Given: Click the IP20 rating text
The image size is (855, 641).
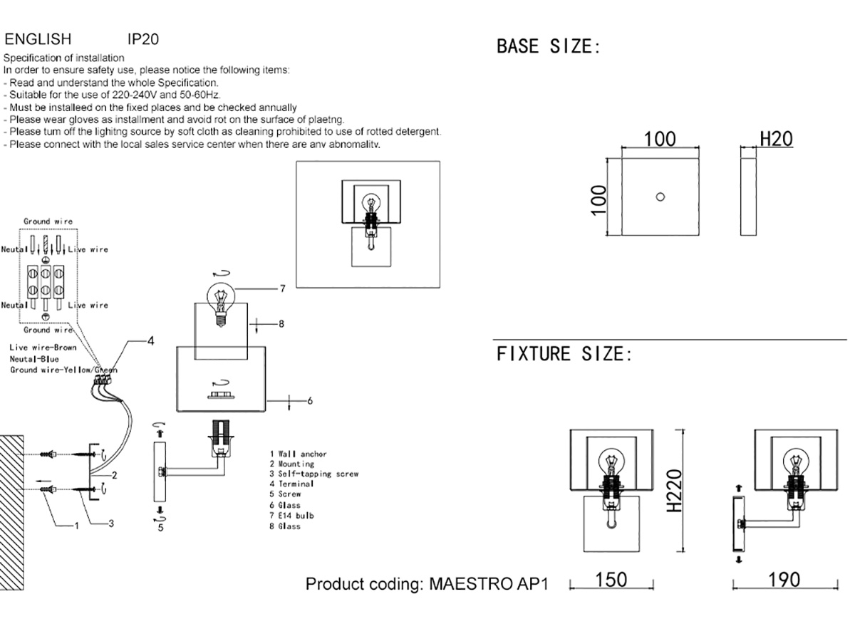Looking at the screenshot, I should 142,38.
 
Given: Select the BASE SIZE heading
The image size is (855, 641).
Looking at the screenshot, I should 549,47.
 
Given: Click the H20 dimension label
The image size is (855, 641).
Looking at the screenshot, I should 776,138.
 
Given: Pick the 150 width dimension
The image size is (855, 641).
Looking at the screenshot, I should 611,580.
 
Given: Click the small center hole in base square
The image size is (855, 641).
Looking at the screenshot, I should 660,197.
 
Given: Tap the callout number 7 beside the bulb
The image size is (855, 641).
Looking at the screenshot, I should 282,288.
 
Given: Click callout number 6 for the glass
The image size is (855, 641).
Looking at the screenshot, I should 310,400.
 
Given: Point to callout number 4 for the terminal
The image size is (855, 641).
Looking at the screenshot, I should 150,342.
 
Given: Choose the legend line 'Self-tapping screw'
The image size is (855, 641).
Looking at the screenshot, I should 313,474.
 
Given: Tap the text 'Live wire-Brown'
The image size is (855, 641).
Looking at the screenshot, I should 43,348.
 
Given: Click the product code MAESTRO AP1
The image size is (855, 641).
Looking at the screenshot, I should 489,584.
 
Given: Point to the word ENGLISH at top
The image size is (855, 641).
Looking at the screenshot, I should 38,38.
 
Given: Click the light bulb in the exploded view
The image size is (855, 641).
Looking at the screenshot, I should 220,299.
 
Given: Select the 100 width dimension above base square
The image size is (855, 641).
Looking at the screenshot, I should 660,138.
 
